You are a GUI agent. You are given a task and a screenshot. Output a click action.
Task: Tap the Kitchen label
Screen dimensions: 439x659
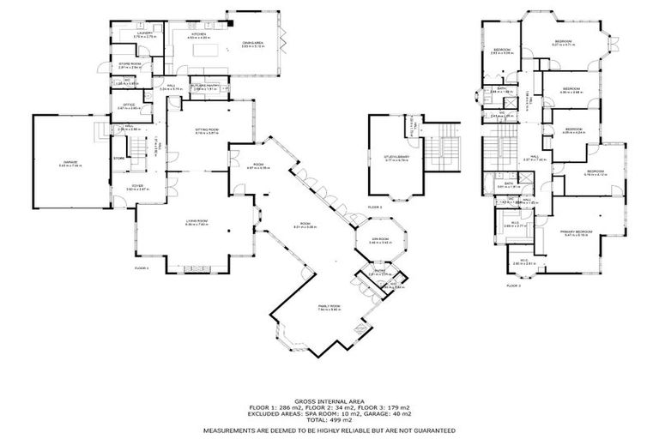point(199,34)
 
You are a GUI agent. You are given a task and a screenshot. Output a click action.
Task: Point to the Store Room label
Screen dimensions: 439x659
point(130,64)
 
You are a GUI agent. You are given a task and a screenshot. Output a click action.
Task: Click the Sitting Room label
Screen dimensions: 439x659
point(207,130)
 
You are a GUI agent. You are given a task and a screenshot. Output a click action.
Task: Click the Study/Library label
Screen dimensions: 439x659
point(397,169)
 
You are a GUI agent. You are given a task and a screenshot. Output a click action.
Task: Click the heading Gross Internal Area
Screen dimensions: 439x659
point(329,400)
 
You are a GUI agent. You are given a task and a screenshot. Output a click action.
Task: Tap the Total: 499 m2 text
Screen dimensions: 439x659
point(329,419)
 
